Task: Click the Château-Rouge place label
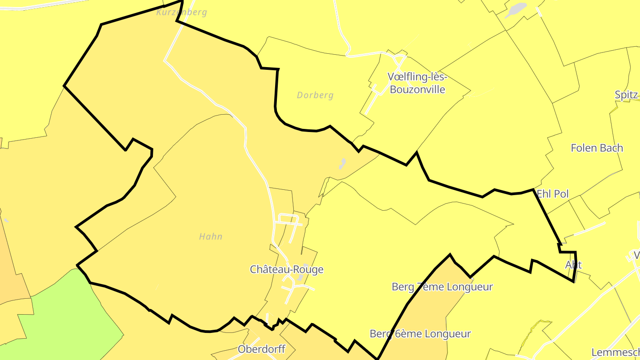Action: [287, 269]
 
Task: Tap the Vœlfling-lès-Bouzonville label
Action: [417, 83]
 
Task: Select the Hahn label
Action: [211, 236]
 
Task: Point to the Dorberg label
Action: [315, 95]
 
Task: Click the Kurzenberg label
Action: [182, 12]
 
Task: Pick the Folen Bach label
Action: [597, 148]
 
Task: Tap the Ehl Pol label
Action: [553, 194]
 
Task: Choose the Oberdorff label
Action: [261, 349]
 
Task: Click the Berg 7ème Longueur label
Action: [442, 287]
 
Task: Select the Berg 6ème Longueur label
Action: [420, 334]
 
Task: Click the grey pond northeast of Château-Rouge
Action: [342, 164]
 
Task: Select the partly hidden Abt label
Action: [573, 265]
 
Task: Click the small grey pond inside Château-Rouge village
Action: [300, 277]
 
